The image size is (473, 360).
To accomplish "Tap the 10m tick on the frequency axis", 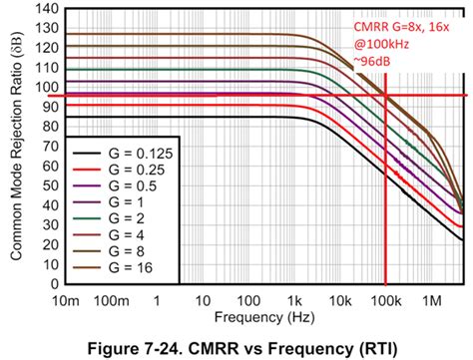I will (x=67, y=299).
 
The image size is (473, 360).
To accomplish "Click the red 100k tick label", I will (x=384, y=299).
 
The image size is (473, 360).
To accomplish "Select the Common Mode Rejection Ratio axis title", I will (x=17, y=147).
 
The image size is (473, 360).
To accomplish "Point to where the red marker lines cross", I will (x=385, y=96).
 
